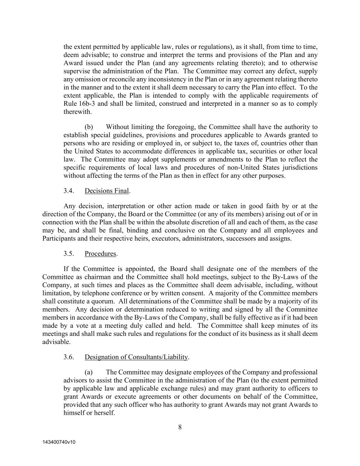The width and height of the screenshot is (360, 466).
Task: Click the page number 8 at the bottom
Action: (180, 427)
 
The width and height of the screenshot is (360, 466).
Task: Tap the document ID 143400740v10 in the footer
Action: (59, 442)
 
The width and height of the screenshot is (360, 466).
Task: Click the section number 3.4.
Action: (69, 190)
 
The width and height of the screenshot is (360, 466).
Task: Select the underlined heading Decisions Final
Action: (106, 190)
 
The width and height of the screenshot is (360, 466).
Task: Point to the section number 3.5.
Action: (69, 254)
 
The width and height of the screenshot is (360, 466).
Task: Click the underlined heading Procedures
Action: (100, 254)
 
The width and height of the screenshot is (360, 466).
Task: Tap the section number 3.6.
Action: (69, 357)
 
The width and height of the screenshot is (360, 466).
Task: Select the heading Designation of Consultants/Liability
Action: (136, 357)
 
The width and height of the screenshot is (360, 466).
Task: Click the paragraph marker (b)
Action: (89, 127)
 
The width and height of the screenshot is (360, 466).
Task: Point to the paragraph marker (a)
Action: (89, 372)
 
